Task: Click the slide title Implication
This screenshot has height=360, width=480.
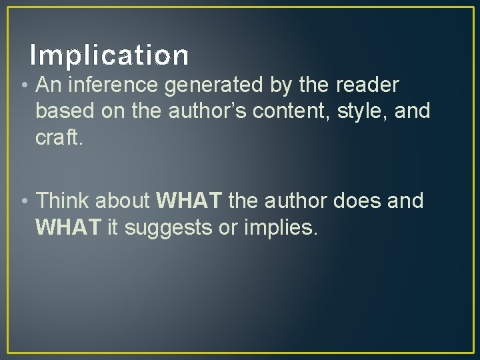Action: (x=109, y=55)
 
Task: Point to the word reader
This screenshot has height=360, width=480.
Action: (x=367, y=85)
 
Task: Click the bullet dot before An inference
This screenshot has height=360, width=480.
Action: (x=24, y=86)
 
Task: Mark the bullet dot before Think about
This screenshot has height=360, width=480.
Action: (x=24, y=201)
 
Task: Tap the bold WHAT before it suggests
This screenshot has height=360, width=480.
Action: (x=67, y=227)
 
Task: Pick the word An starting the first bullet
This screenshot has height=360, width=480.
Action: (x=47, y=85)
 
